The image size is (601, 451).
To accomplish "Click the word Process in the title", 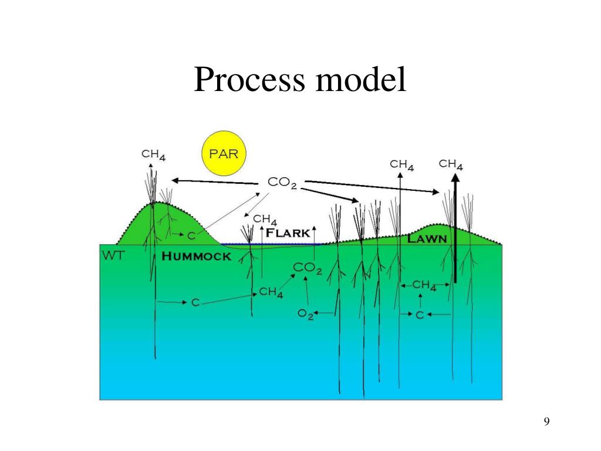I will point(250,80).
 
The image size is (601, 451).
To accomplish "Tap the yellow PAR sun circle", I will point(224,153).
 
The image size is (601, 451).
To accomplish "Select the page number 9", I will point(546,421).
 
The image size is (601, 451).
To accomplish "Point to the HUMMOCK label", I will point(196,257).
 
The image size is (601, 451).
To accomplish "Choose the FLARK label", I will point(288,233).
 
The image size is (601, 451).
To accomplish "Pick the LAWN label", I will point(427,239).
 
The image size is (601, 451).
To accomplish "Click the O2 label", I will point(306,314).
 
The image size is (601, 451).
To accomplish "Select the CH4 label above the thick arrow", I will point(451,164).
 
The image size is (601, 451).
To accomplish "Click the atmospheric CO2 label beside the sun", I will point(282,183).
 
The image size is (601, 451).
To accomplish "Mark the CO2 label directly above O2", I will point(308,268).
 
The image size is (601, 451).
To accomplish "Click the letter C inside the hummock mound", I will point(191,235).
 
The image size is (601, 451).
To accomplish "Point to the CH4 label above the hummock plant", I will point(154,155).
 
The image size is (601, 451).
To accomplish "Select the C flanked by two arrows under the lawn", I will point(420,315).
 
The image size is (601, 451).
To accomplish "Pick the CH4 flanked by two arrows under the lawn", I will point(424,285).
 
